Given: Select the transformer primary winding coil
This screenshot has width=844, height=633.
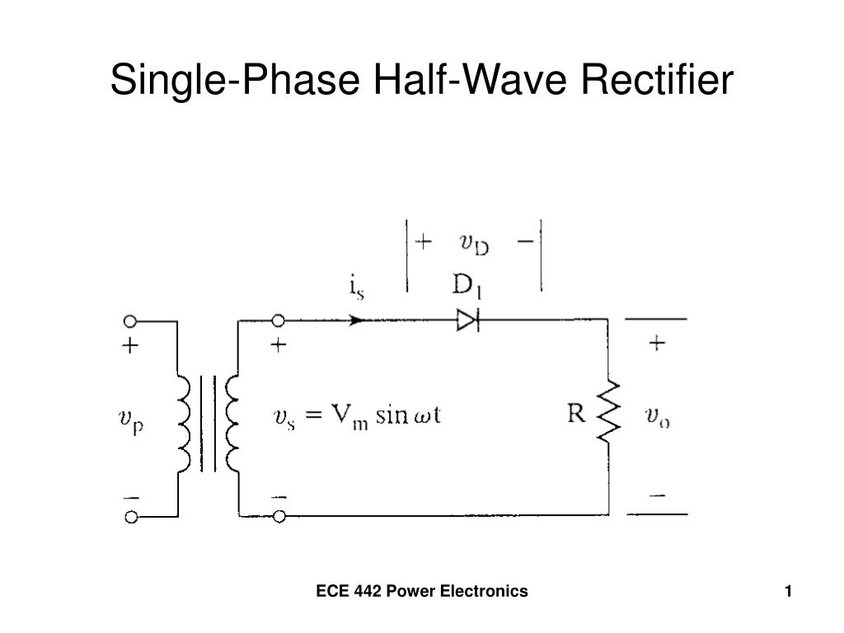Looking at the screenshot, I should (x=183, y=422).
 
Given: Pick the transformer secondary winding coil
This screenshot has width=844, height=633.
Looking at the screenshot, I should (x=232, y=422).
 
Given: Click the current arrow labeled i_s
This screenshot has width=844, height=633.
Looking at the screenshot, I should (x=357, y=320).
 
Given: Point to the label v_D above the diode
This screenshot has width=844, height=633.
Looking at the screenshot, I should (x=474, y=243).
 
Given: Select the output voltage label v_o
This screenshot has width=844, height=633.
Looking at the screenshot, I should (x=657, y=417).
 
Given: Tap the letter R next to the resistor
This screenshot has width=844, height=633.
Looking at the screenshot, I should (x=577, y=414).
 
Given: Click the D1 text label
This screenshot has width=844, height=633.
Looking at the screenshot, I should (x=467, y=286).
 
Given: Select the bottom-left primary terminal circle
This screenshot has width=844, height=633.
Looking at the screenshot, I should (x=129, y=517).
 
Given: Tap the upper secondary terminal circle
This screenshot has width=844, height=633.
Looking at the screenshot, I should (x=279, y=321).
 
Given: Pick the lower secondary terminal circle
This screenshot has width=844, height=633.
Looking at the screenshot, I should (x=279, y=517).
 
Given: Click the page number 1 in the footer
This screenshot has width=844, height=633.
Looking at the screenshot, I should (x=789, y=591).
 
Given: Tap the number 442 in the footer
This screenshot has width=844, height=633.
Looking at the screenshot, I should (x=365, y=591).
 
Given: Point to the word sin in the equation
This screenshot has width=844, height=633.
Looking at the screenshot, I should (x=392, y=415).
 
